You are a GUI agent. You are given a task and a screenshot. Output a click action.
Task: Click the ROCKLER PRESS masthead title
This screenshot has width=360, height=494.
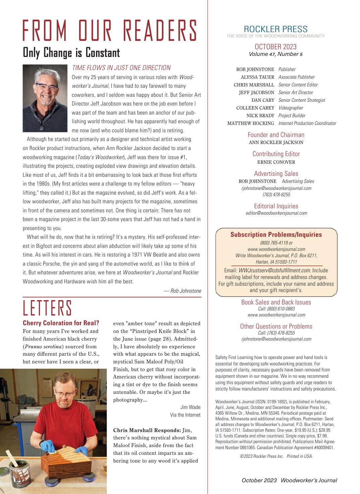(x=276, y=29)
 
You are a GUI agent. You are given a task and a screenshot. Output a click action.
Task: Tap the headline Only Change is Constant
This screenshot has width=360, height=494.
(x=71, y=53)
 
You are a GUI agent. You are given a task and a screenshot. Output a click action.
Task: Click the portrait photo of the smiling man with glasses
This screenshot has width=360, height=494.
(x=45, y=98)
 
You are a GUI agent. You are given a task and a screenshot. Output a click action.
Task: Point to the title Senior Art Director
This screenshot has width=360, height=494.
(x=296, y=92)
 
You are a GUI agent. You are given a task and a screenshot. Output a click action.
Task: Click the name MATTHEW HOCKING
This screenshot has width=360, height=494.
(x=251, y=123)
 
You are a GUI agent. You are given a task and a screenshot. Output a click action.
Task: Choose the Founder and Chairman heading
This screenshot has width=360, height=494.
(x=276, y=135)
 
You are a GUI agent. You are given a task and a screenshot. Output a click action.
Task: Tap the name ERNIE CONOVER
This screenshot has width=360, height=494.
(x=276, y=162)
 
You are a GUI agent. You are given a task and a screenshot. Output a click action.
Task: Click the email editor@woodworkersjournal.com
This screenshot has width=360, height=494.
(x=276, y=213)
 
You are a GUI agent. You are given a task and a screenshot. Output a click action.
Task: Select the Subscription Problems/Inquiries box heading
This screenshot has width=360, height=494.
(x=276, y=234)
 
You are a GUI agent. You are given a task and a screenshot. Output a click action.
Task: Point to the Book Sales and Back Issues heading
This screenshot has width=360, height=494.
(x=276, y=302)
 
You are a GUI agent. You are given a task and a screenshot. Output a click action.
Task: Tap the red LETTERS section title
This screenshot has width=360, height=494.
(x=47, y=308)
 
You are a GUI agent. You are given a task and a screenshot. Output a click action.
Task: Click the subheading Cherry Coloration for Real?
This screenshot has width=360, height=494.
(x=61, y=323)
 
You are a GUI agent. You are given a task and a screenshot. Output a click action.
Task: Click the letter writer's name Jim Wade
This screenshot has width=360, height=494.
(x=190, y=407)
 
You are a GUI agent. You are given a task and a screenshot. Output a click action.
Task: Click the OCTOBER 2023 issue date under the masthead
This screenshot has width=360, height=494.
(x=276, y=47)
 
